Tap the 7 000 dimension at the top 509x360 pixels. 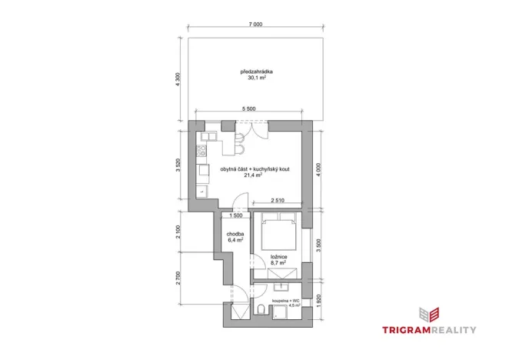(x=255, y=25)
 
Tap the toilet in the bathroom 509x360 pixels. (x=262, y=310)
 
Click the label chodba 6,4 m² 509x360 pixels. (x=235, y=237)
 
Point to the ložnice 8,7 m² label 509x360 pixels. (x=278, y=260)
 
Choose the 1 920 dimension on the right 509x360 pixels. (x=320, y=302)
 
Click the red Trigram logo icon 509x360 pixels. (x=428, y=313)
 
